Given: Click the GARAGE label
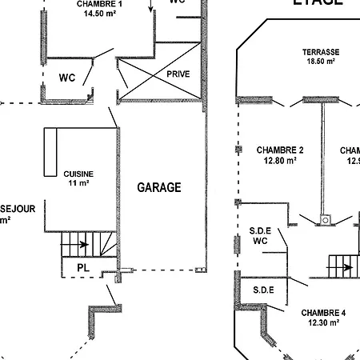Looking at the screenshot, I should (x=159, y=188).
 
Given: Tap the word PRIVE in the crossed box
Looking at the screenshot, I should (x=178, y=74).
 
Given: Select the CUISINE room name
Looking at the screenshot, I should (x=79, y=174).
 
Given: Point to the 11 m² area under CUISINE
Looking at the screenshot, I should (x=78, y=183).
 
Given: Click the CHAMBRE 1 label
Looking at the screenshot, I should (x=100, y=4).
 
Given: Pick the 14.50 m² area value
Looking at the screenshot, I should (x=100, y=14).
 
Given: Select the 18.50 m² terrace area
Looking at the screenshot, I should (x=319, y=61).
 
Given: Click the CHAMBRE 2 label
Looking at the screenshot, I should (x=280, y=150).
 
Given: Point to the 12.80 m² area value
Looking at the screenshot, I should (x=280, y=160).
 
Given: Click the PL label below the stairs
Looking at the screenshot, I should (x=82, y=266).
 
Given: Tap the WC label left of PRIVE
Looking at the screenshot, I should (x=68, y=78).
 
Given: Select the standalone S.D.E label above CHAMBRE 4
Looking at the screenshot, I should (x=263, y=290).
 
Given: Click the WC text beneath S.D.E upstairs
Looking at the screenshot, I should (x=259, y=240).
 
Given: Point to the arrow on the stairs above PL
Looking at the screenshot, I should (x=82, y=245).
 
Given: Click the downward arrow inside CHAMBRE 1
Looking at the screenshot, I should (x=150, y=8).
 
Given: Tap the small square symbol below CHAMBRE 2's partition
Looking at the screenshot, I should (x=325, y=218).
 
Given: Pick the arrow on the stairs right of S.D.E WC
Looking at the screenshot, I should (x=346, y=267).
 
